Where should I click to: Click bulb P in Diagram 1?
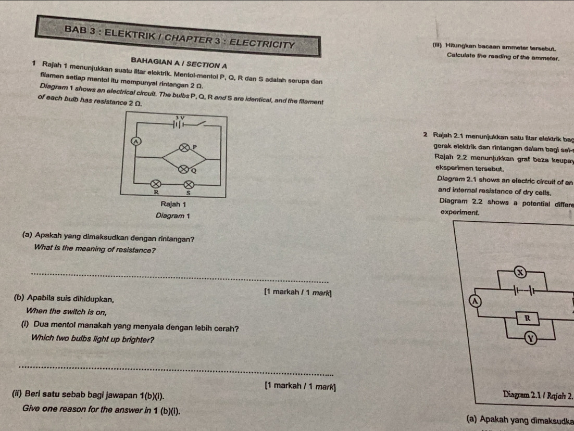pos(183,149)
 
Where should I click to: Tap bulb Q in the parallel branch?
pos(183,168)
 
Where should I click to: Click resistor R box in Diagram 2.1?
pos(528,315)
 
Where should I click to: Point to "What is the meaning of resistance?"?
pos(94,250)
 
